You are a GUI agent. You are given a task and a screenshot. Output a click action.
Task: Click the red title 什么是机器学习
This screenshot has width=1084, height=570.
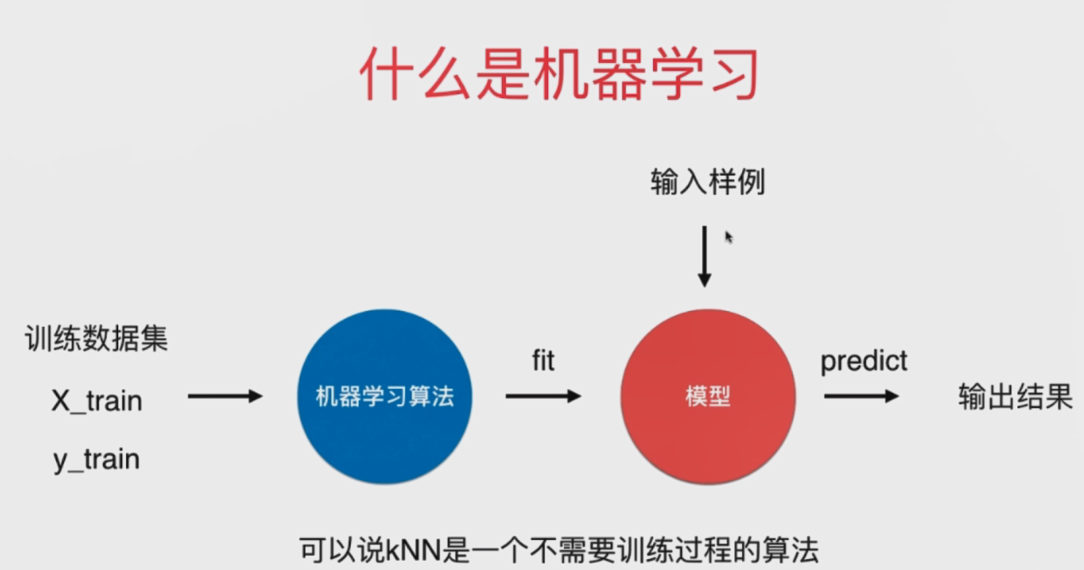click(x=559, y=75)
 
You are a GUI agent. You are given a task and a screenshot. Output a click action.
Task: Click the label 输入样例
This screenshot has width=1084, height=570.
click(x=707, y=182)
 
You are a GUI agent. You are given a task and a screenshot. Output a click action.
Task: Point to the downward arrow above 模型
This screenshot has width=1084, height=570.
click(x=704, y=256)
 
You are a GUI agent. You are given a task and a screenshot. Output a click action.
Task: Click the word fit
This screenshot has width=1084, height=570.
click(x=543, y=361)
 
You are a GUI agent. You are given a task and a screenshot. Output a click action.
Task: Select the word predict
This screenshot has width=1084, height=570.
click(x=863, y=361)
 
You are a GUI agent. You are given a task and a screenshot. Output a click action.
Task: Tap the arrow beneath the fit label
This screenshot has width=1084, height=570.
click(x=543, y=397)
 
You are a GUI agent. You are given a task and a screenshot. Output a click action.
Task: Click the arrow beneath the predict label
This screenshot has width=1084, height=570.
click(x=862, y=397)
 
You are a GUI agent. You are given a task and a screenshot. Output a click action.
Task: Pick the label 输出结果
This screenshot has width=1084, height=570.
click(x=1015, y=397)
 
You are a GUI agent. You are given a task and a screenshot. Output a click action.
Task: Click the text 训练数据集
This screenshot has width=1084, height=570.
click(x=96, y=338)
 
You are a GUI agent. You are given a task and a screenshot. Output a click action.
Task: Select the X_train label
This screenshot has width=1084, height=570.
click(x=97, y=401)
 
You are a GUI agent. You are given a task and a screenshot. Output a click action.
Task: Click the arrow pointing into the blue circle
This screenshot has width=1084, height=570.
click(x=225, y=397)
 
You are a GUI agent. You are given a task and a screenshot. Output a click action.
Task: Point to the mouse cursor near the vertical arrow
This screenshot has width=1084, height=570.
click(x=729, y=237)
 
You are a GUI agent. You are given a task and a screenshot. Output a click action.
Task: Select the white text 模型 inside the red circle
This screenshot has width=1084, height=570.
click(x=708, y=397)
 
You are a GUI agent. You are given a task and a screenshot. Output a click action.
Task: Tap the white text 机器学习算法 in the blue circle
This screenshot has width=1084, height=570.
click(x=385, y=397)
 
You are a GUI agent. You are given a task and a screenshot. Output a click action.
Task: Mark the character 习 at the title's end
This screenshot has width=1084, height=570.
click(x=734, y=75)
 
